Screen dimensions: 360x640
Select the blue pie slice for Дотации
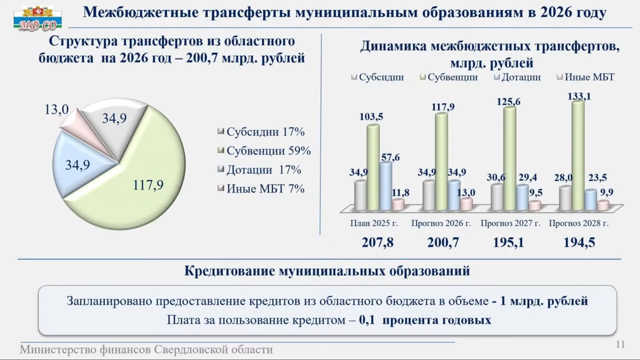click(80, 163)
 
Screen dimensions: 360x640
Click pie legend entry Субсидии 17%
click(261, 132)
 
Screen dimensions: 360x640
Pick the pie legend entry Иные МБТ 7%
click(261, 189)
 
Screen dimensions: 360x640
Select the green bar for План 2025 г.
click(373, 167)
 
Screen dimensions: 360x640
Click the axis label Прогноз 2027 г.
click(510, 223)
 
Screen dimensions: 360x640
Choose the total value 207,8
click(378, 242)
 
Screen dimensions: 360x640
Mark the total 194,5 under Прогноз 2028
click(579, 242)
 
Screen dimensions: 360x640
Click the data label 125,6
click(508, 102)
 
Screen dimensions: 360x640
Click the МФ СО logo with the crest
click(37, 18)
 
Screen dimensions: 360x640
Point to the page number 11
click(620, 344)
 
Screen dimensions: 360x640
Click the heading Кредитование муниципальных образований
click(327, 271)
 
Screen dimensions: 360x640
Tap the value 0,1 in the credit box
click(367, 320)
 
